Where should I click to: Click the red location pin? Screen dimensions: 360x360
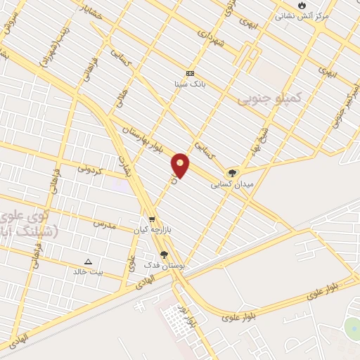point(181,165)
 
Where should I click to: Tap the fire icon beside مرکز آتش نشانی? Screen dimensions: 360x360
point(302,5)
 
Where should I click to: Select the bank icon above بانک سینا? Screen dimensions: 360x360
point(190,73)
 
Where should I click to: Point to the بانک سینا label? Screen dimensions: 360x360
point(190,84)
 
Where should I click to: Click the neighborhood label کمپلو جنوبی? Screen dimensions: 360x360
point(269,99)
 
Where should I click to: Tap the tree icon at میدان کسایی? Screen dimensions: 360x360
point(231,173)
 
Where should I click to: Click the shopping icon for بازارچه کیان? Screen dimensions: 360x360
point(152,219)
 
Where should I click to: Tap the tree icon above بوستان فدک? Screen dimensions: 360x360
point(164,255)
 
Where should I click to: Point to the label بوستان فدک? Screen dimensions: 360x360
point(164,265)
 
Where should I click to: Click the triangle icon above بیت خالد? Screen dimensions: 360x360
point(88,261)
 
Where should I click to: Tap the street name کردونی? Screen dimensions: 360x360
point(90,169)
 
